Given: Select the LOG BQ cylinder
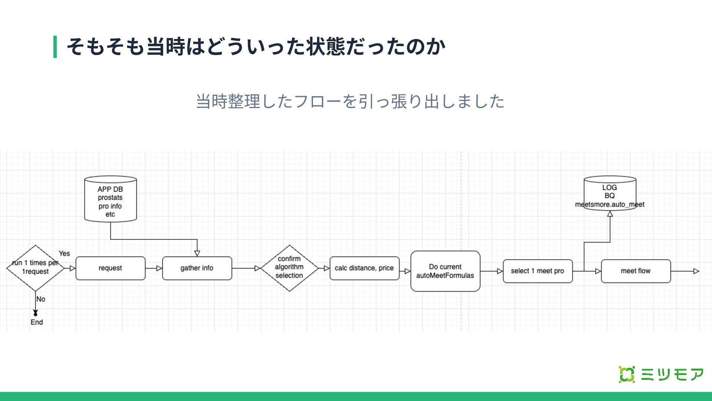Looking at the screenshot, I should (x=610, y=193).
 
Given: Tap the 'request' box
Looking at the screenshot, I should (x=111, y=268).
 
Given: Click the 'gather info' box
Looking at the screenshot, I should (x=197, y=268).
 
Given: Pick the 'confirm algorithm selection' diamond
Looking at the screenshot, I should (x=289, y=268).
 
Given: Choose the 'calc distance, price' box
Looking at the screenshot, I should (x=364, y=268).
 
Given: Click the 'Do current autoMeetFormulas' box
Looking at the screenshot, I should (x=445, y=271).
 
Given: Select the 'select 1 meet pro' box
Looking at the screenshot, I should (x=537, y=271).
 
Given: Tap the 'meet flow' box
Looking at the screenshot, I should (x=636, y=271).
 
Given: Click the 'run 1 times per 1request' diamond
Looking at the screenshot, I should (x=35, y=268).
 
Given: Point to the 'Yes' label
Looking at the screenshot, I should (x=64, y=254).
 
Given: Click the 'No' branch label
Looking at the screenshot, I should (x=41, y=299).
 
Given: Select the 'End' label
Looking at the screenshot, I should (x=37, y=322).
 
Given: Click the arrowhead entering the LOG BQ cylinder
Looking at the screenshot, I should (x=610, y=214).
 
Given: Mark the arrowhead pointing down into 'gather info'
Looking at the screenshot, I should (x=197, y=253).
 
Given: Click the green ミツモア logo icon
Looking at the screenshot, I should (x=626, y=375).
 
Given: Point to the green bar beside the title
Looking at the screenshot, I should (x=55, y=47).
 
